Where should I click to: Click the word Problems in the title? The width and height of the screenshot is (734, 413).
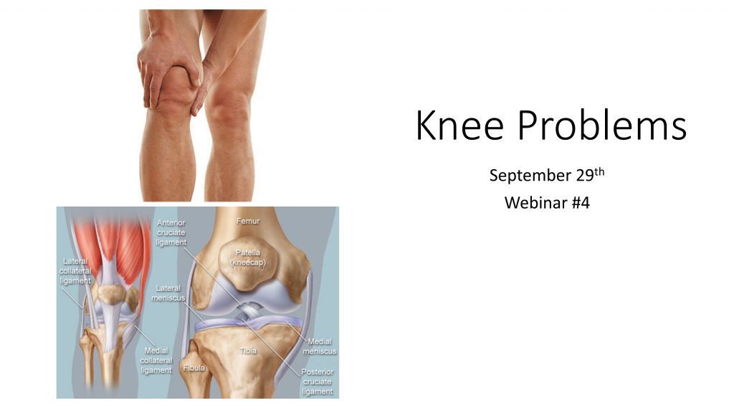(601, 125)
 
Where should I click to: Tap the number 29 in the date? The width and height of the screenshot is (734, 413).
(585, 175)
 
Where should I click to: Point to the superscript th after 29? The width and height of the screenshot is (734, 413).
(599, 171)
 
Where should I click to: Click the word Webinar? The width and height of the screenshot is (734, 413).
(535, 203)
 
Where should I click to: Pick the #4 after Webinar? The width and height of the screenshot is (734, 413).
(581, 203)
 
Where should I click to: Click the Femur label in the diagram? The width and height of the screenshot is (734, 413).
(248, 221)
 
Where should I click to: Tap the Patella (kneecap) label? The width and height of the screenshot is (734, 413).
(247, 257)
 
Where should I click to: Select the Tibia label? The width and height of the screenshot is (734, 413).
(248, 350)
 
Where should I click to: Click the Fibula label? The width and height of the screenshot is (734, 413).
(194, 368)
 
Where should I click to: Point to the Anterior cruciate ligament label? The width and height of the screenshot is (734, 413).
(171, 232)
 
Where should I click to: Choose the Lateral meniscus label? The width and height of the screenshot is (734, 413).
(168, 293)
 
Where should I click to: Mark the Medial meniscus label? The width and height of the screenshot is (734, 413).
(319, 346)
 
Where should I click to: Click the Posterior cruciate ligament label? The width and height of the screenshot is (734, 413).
(318, 381)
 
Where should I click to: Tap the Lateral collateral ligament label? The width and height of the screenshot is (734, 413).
(75, 270)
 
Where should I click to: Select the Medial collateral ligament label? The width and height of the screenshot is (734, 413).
(156, 360)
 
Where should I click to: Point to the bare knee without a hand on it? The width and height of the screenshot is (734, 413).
(229, 108)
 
